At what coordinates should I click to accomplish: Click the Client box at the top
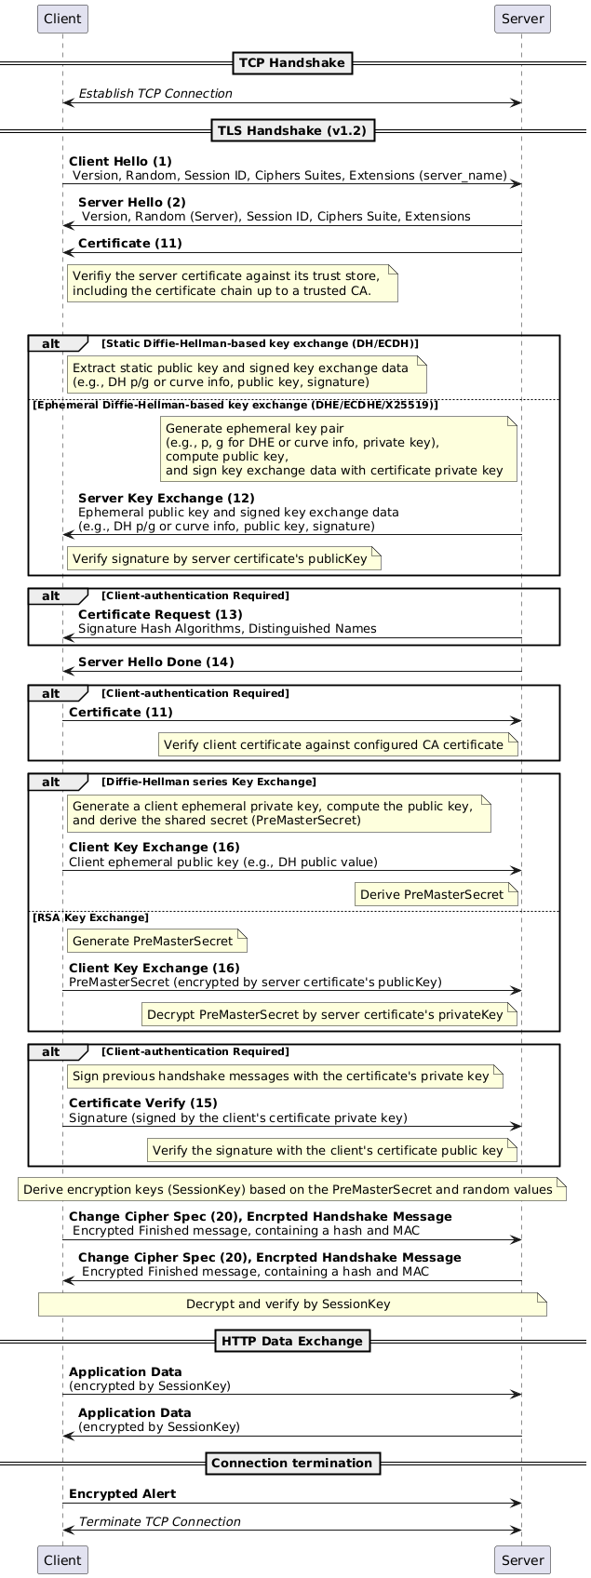pos(62,19)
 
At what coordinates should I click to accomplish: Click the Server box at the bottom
pos(522,1559)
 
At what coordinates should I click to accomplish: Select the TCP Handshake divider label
pos(293,63)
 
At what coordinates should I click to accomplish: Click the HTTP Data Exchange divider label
pos(292,1341)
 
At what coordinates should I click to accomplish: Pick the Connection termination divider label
pos(292,1463)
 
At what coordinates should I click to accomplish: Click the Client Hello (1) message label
pos(120,162)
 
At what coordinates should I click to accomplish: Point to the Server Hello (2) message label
pos(131,202)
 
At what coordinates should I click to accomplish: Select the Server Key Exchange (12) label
pos(166,499)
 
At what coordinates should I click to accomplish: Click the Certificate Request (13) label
pos(160,615)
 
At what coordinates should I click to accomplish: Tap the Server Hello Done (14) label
pos(155,662)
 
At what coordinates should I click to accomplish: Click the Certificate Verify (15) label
pos(142,1103)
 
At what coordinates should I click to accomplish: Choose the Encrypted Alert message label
pos(122,1493)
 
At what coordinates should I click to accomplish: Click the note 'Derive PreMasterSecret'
pos(436,894)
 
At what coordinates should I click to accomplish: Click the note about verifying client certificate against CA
pos(338,744)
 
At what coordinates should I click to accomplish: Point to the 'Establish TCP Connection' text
pos(155,94)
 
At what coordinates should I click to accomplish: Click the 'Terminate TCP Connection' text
pos(159,1521)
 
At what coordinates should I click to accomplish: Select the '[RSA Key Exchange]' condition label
pos(90,918)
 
